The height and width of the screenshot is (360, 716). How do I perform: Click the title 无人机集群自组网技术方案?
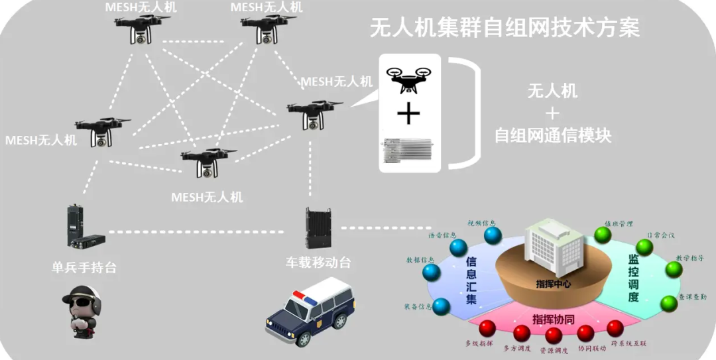tap(505, 29)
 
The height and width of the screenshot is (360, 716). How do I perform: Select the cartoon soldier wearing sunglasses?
tap(84, 311)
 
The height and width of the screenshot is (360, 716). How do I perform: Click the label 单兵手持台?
tap(84, 267)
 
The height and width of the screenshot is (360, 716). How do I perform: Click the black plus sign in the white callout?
tap(408, 115)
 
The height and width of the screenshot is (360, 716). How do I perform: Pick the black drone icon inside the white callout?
tap(408, 79)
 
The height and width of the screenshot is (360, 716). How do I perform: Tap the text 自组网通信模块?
tap(552, 135)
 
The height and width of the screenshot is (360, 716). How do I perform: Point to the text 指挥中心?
tap(553, 284)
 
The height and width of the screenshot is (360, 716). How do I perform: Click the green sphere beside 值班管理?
tap(603, 235)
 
